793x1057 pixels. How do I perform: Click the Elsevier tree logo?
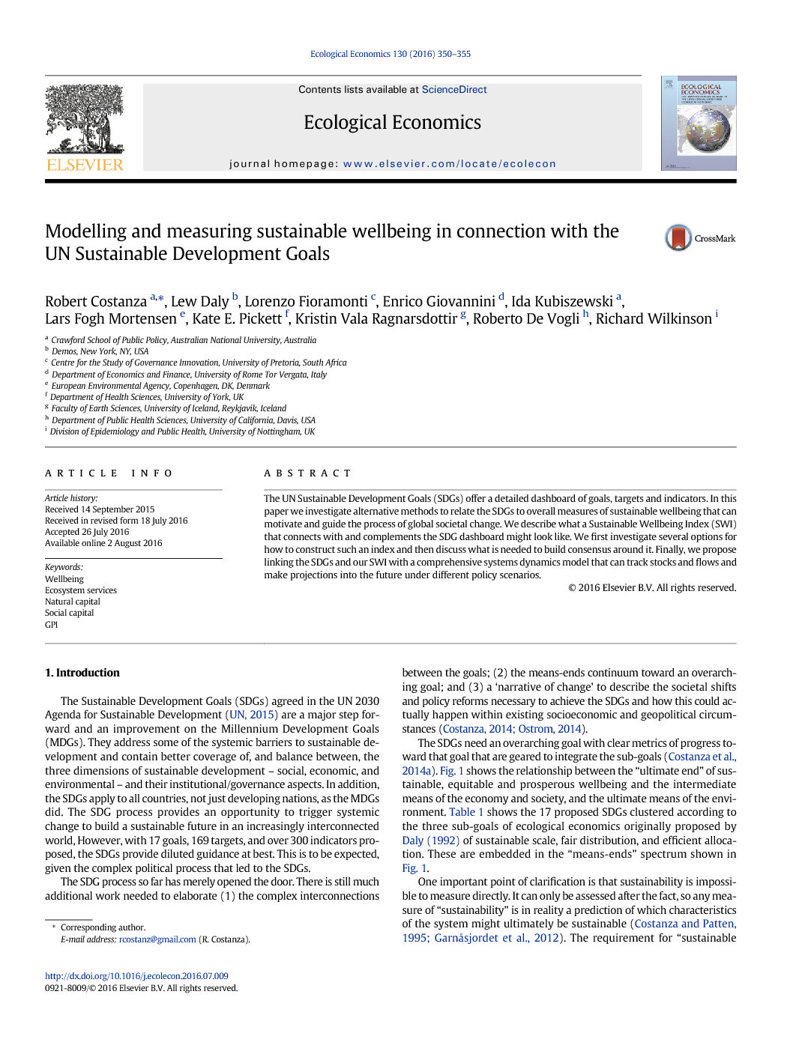pos(85,127)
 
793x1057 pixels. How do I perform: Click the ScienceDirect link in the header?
pos(453,90)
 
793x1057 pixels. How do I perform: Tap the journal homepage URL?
pos(449,164)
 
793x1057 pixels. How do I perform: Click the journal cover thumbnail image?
pos(698,124)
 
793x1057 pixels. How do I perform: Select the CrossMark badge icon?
pos(678,238)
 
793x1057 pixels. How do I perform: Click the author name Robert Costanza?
pos(96,302)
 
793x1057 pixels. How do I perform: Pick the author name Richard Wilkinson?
pos(653,319)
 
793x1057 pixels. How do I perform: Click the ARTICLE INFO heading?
pos(109,473)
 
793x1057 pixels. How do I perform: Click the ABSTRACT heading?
pos(307,473)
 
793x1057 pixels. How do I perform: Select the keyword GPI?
pos(51,625)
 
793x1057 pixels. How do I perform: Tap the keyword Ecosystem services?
pos(81,590)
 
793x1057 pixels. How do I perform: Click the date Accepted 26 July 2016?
pos(87,532)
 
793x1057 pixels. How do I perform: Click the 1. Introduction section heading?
pos(82,673)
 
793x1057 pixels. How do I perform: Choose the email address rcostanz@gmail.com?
pos(157,939)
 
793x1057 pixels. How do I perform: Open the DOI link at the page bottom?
pos(136,976)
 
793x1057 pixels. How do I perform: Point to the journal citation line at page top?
pos(391,54)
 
